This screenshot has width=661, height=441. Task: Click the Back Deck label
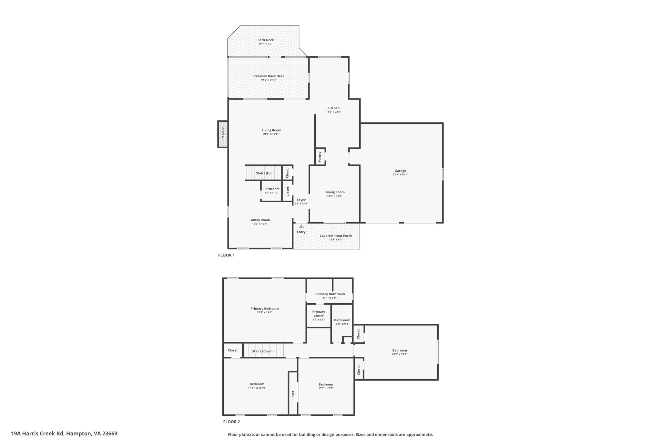(265, 40)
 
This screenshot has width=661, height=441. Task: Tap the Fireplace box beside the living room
(223, 134)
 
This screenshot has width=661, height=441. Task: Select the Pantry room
(320, 157)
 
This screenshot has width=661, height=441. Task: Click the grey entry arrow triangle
(301, 226)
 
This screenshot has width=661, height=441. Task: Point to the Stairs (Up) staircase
(264, 173)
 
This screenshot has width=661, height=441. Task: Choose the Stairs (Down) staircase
(263, 351)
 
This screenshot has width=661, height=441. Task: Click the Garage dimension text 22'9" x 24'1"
(400, 174)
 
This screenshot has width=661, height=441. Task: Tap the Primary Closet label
(319, 314)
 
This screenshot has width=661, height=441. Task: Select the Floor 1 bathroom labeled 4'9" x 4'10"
(271, 191)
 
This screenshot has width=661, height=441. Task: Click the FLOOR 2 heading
(231, 422)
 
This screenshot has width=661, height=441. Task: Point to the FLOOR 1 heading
(226, 255)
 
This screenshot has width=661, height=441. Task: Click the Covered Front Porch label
(336, 236)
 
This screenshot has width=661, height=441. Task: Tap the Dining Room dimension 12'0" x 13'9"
(334, 196)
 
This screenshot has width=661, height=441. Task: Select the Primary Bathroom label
(330, 294)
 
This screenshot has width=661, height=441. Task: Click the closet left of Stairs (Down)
(233, 351)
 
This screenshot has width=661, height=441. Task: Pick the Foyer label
(301, 200)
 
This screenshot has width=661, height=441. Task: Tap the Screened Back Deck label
(268, 76)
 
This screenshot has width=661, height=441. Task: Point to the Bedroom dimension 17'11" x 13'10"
(257, 388)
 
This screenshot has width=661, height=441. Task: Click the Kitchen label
(333, 108)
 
